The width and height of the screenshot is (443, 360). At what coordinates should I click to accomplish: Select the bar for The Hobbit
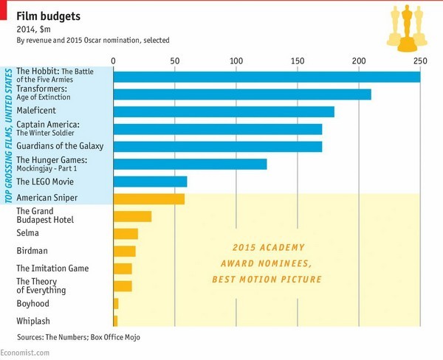(267, 77)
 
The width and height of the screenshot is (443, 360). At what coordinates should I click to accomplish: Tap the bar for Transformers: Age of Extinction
(242, 94)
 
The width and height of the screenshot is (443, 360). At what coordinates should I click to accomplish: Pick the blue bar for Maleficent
(224, 111)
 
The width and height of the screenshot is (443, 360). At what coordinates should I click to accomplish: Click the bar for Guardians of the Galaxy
(218, 146)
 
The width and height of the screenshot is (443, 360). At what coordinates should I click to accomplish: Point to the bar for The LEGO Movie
(150, 181)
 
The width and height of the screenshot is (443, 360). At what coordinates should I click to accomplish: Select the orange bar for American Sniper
(149, 198)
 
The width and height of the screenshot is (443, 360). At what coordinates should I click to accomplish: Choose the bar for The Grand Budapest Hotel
(132, 216)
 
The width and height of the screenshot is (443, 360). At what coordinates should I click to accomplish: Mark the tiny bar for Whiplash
(115, 320)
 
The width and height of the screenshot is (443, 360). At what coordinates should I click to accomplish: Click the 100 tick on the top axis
(236, 60)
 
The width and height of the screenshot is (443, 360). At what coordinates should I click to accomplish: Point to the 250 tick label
(419, 60)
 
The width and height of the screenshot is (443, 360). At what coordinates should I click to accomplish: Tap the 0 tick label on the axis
(113, 60)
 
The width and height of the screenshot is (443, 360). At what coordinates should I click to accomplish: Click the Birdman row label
(32, 251)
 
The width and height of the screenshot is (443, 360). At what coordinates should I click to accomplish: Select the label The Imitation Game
(52, 269)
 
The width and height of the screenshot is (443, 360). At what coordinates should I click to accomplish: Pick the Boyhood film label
(33, 303)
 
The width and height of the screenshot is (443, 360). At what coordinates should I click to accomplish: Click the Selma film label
(29, 233)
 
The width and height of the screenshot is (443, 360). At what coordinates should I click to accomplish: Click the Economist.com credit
(25, 353)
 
